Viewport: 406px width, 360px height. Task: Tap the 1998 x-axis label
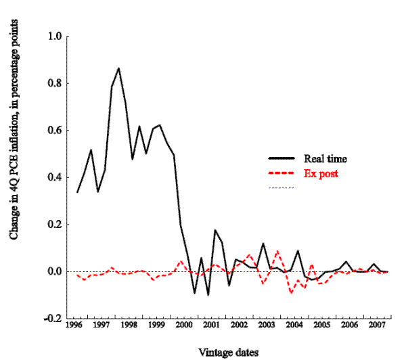tap(129, 325)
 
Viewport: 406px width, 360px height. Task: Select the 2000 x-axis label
tap(184, 325)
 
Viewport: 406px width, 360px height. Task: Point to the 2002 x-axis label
tap(239, 325)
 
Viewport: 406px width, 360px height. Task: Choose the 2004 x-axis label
tap(294, 325)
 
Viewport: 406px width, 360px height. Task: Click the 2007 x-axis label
tap(376, 325)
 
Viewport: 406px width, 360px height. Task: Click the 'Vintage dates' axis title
tap(230, 352)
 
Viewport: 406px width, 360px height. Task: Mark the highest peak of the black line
tap(119, 68)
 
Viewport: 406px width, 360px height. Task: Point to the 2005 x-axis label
tap(321, 325)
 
